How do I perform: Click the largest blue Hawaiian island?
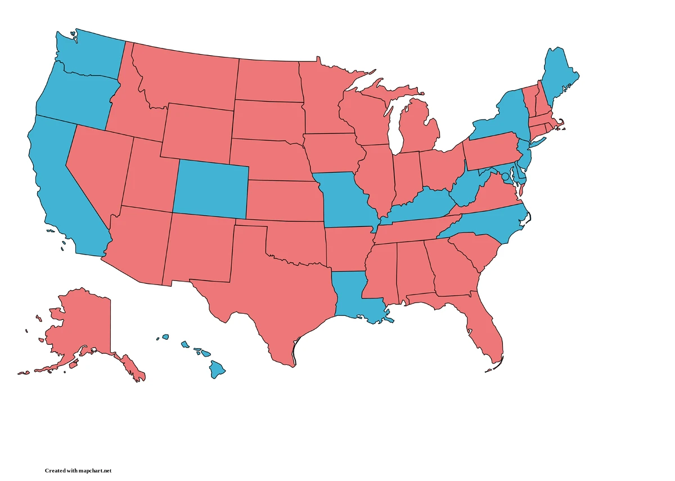coord(217,369)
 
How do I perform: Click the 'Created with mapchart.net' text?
coord(79,470)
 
